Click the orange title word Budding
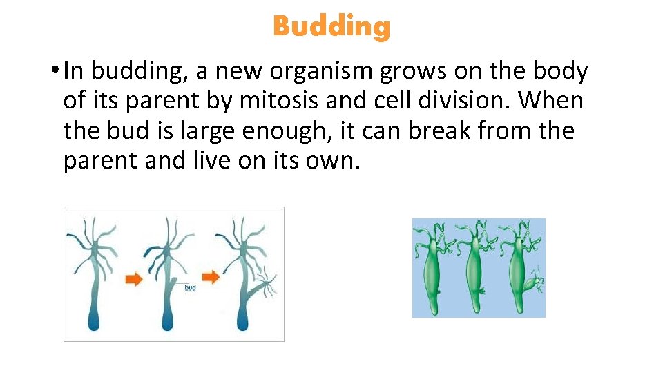[x=331, y=27]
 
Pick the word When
[x=551, y=101]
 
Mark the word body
[x=557, y=71]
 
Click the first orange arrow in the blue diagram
[x=134, y=278]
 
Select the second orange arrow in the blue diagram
[x=211, y=277]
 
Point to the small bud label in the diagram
[x=190, y=287]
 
